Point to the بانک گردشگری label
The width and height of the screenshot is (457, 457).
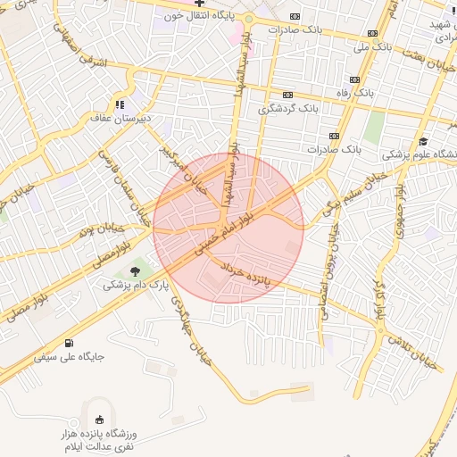[288, 108]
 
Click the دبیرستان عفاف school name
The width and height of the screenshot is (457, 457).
[119, 117]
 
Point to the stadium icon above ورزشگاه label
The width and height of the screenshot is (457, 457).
[98, 420]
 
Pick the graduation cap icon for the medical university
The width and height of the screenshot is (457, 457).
[422, 140]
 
